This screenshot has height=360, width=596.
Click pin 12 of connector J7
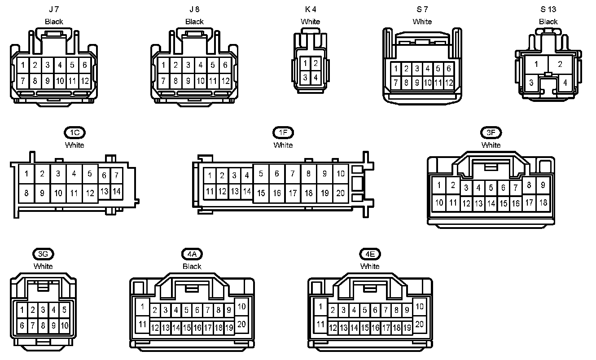coord(85,81)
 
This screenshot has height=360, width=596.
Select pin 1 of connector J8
coord(163,65)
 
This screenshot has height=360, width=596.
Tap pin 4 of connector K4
coord(316,78)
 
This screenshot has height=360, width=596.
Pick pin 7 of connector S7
coord(395,83)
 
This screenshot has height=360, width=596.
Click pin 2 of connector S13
coord(560,64)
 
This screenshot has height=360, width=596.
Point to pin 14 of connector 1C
coord(116,191)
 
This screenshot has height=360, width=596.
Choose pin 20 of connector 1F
coord(341,193)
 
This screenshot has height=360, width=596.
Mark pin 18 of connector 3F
coord(543,202)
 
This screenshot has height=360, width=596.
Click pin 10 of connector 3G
coord(64,325)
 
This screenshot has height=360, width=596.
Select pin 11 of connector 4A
coord(142,324)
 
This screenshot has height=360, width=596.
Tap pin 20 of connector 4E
coord(420,324)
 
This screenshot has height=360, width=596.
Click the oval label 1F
coord(283,132)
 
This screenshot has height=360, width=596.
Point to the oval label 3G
coord(43,254)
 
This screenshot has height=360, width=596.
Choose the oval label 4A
coord(192,254)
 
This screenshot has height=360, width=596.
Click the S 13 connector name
coord(548,9)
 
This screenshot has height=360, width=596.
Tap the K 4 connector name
coord(310,9)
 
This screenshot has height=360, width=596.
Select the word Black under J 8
coord(194,22)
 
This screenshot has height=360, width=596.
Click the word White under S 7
coord(422,22)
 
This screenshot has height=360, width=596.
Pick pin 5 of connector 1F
coord(261,174)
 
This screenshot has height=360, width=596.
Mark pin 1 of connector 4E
coord(320,307)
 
